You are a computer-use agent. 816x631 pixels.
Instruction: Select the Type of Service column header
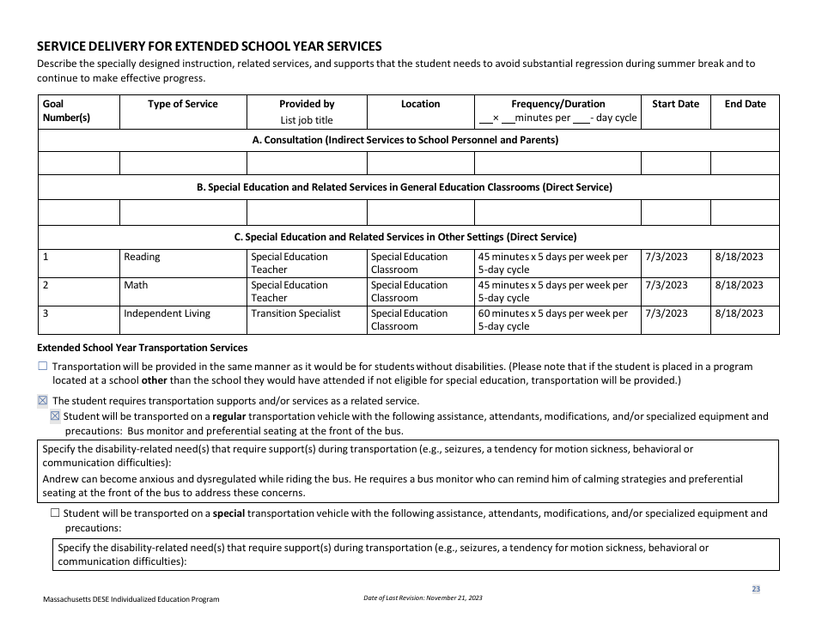click(183, 104)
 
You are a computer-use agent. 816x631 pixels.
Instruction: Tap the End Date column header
click(745, 104)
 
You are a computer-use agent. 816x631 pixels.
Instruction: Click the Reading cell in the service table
click(142, 257)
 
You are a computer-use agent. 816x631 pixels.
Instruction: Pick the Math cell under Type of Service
click(136, 285)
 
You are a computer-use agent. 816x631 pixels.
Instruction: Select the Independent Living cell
click(167, 313)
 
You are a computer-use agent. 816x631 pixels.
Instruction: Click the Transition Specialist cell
click(295, 313)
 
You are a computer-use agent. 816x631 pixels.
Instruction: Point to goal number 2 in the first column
click(46, 285)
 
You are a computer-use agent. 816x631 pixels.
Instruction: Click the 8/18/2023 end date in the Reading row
click(738, 257)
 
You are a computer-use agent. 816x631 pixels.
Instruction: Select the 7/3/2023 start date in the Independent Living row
click(666, 313)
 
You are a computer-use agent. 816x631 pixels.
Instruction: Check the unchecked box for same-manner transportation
click(44, 367)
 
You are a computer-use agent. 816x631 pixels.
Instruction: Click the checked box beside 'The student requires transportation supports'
click(44, 401)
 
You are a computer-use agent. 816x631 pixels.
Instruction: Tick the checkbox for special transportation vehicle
click(56, 513)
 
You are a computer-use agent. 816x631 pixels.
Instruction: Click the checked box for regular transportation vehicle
click(56, 416)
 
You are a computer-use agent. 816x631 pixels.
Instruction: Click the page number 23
click(756, 589)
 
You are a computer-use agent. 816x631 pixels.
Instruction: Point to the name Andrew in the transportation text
click(60, 479)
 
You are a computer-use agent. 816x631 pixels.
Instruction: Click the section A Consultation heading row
click(408, 140)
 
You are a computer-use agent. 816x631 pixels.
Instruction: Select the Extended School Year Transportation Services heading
click(143, 348)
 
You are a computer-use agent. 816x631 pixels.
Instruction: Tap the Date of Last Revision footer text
click(423, 598)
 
